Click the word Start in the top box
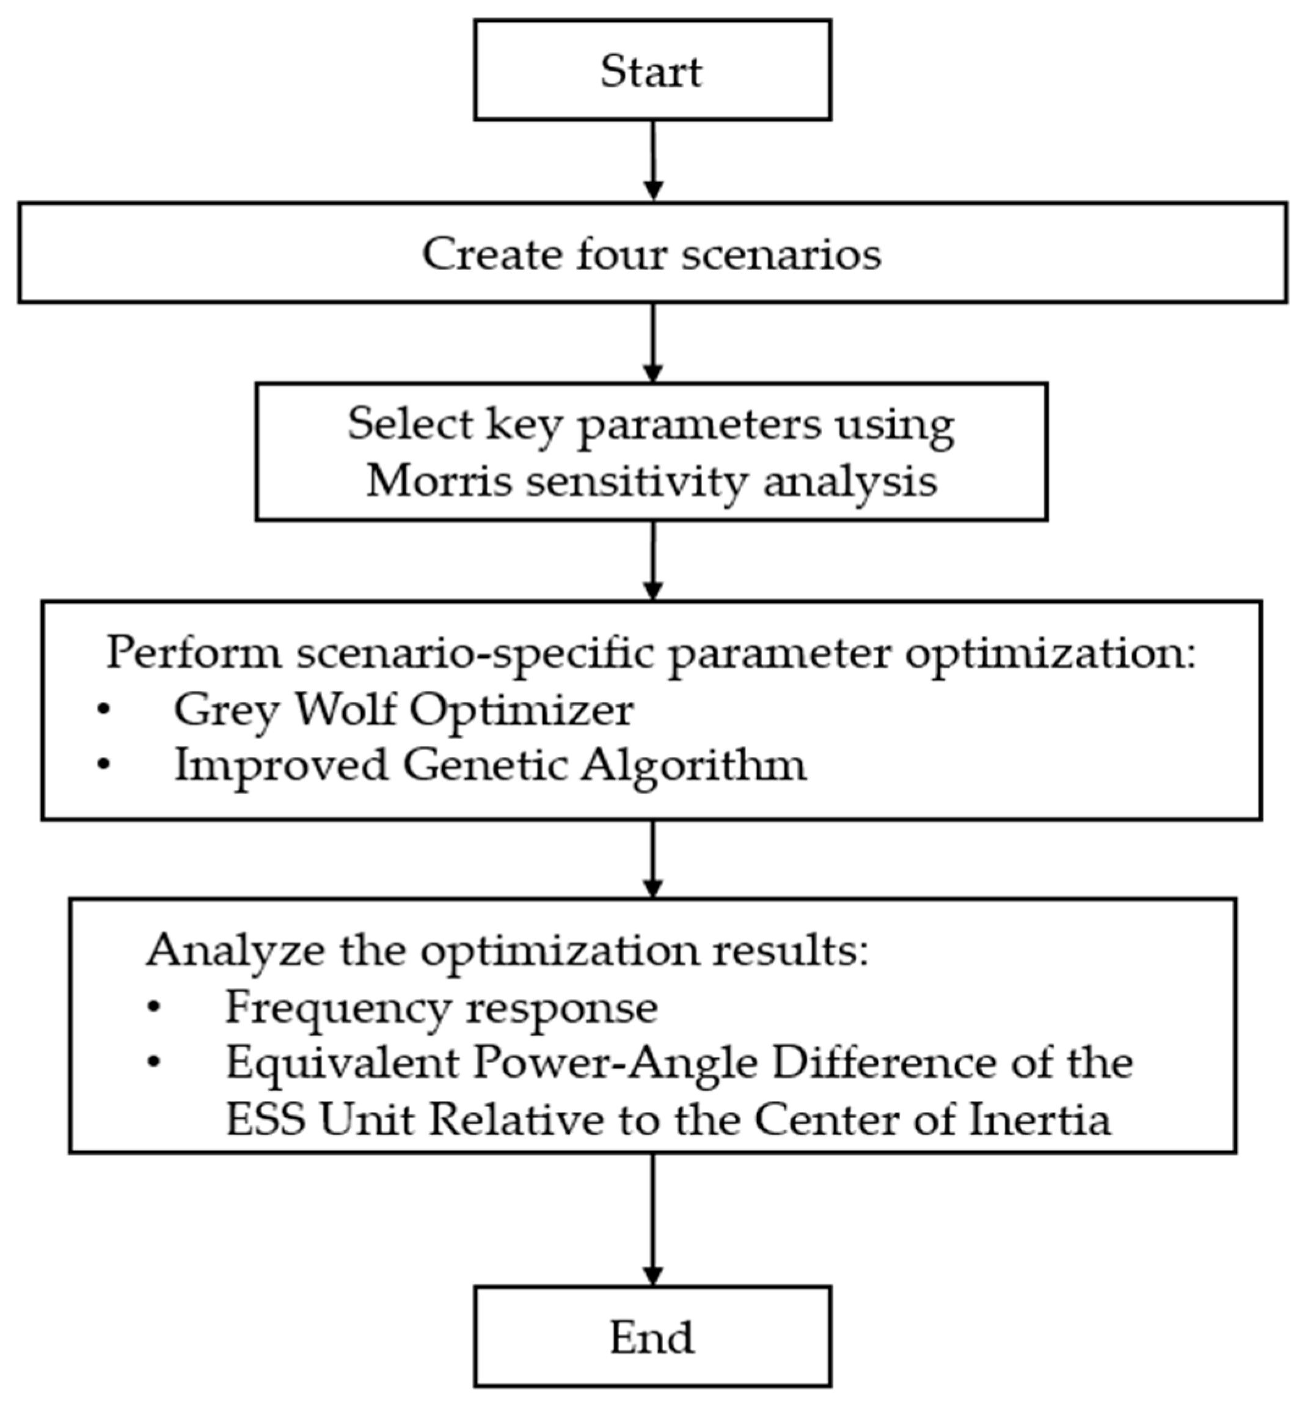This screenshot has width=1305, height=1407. [x=651, y=71]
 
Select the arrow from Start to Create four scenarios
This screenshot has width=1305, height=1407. [x=653, y=161]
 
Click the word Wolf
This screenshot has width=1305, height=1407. [x=344, y=709]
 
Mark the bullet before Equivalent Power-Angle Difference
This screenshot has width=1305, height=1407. [x=154, y=1063]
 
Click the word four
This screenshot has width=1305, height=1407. [x=621, y=254]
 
